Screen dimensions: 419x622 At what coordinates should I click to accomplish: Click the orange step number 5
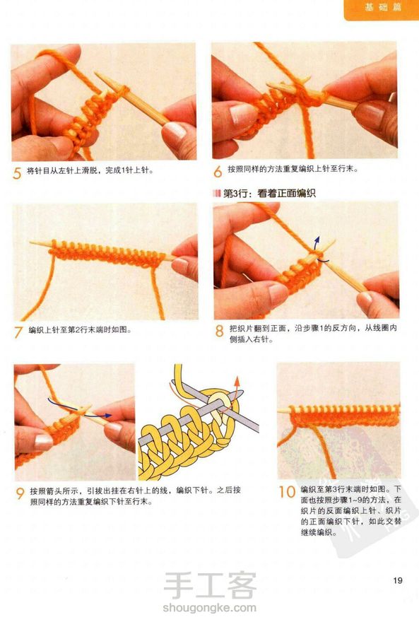(x=17, y=173)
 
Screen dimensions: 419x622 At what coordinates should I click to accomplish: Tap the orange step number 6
(x=218, y=171)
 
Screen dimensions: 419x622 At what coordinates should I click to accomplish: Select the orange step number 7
(x=18, y=332)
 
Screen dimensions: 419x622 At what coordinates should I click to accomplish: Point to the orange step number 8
(x=219, y=331)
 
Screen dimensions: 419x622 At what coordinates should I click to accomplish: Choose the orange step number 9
(x=20, y=493)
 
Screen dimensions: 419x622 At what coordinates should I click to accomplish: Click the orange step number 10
(x=288, y=492)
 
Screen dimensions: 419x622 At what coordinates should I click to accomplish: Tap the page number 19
(x=398, y=580)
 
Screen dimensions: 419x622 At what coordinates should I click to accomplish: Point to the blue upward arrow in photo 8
(x=317, y=242)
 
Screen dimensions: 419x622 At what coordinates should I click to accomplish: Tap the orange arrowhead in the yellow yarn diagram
(x=237, y=381)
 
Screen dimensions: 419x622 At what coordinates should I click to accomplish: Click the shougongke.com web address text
(x=209, y=607)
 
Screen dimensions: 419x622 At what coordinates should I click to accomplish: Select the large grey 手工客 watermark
(x=210, y=585)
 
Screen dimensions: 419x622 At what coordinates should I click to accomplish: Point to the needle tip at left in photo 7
(x=30, y=242)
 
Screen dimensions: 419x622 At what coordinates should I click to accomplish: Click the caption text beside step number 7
(x=80, y=330)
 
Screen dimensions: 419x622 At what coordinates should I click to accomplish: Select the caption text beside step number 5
(x=90, y=170)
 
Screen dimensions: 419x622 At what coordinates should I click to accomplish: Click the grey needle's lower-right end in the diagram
(x=258, y=429)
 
